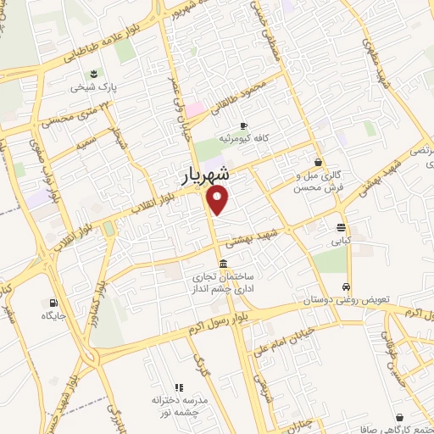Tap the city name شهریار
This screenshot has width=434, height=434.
205,175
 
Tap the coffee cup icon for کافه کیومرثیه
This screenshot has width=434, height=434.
243,124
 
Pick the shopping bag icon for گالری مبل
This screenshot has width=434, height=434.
318,162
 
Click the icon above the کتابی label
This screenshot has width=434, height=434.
341,227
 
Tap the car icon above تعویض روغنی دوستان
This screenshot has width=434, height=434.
346,287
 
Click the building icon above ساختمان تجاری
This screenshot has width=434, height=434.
222,263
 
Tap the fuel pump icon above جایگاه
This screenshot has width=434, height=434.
54,303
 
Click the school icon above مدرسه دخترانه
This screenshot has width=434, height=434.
178,386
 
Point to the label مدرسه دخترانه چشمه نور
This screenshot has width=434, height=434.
179,404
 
